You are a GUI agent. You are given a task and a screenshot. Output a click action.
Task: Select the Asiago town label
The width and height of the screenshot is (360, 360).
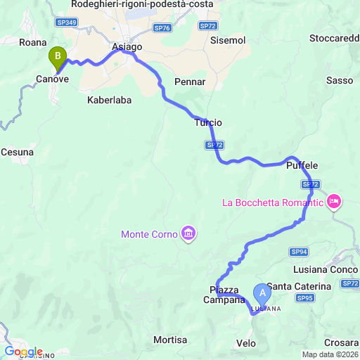(x=127, y=47)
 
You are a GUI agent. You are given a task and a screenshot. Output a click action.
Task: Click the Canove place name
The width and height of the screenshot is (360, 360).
(x=53, y=79)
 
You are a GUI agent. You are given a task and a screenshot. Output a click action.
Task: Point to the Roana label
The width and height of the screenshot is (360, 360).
(x=32, y=42)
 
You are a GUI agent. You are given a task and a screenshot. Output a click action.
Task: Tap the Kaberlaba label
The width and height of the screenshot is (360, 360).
(x=109, y=101)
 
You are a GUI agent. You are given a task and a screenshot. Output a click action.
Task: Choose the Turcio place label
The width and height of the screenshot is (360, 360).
(x=208, y=123)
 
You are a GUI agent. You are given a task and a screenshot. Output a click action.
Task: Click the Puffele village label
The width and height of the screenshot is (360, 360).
(x=302, y=165)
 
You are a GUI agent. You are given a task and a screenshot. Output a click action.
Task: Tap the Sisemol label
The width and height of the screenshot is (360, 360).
(x=228, y=41)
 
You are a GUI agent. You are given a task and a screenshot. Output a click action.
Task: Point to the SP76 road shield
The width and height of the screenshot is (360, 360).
(x=162, y=28)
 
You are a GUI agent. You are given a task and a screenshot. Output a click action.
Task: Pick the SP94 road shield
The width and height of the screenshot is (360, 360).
(x=299, y=252)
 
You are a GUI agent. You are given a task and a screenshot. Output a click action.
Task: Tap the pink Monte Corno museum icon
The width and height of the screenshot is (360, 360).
(x=188, y=233)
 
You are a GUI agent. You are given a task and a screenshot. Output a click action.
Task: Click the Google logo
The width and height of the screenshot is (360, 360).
(x=23, y=352)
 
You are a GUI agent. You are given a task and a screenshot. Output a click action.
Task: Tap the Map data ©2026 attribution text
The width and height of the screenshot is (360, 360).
(x=329, y=354)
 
